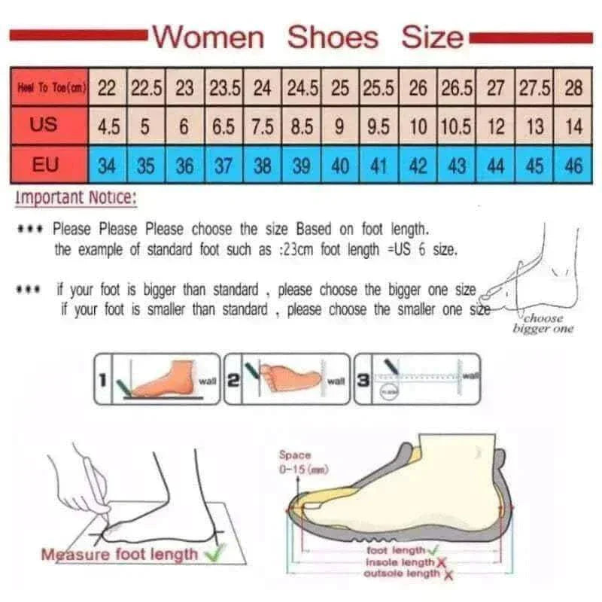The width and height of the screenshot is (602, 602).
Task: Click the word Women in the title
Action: (x=208, y=37)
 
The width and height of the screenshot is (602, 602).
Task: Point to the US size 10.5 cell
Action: (x=456, y=126)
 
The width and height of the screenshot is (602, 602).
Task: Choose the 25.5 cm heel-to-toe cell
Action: (x=379, y=88)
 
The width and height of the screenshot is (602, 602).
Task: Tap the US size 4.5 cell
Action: (x=108, y=126)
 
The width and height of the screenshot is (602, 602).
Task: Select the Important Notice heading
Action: (x=76, y=199)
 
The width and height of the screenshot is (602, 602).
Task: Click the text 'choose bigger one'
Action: (x=543, y=324)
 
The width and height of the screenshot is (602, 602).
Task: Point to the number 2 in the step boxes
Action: (x=234, y=380)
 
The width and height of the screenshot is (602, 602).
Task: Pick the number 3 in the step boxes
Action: (x=363, y=380)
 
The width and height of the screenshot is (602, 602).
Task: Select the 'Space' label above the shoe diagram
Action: (x=295, y=455)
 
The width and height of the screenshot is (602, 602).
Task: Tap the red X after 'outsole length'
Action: (x=448, y=574)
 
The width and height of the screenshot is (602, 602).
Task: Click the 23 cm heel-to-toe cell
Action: (x=184, y=88)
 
